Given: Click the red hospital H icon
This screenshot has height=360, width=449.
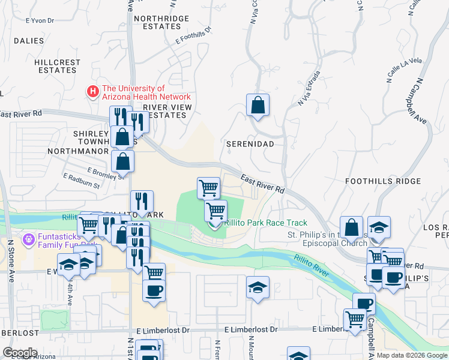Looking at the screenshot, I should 92,92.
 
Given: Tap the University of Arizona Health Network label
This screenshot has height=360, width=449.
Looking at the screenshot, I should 146,92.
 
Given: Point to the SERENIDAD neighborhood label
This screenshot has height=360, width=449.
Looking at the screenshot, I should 250,145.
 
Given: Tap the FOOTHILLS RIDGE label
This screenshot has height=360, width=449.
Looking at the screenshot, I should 383,181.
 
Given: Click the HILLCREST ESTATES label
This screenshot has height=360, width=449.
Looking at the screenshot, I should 58,66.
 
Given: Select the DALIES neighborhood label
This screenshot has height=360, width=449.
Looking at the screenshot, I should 28,41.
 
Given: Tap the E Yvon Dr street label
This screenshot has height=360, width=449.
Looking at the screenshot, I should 40,20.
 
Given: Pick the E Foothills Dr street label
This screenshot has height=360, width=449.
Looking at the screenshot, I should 194,35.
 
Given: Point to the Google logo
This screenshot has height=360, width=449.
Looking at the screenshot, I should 20,353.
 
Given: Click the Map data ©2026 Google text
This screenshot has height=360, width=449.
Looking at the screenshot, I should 412,355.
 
